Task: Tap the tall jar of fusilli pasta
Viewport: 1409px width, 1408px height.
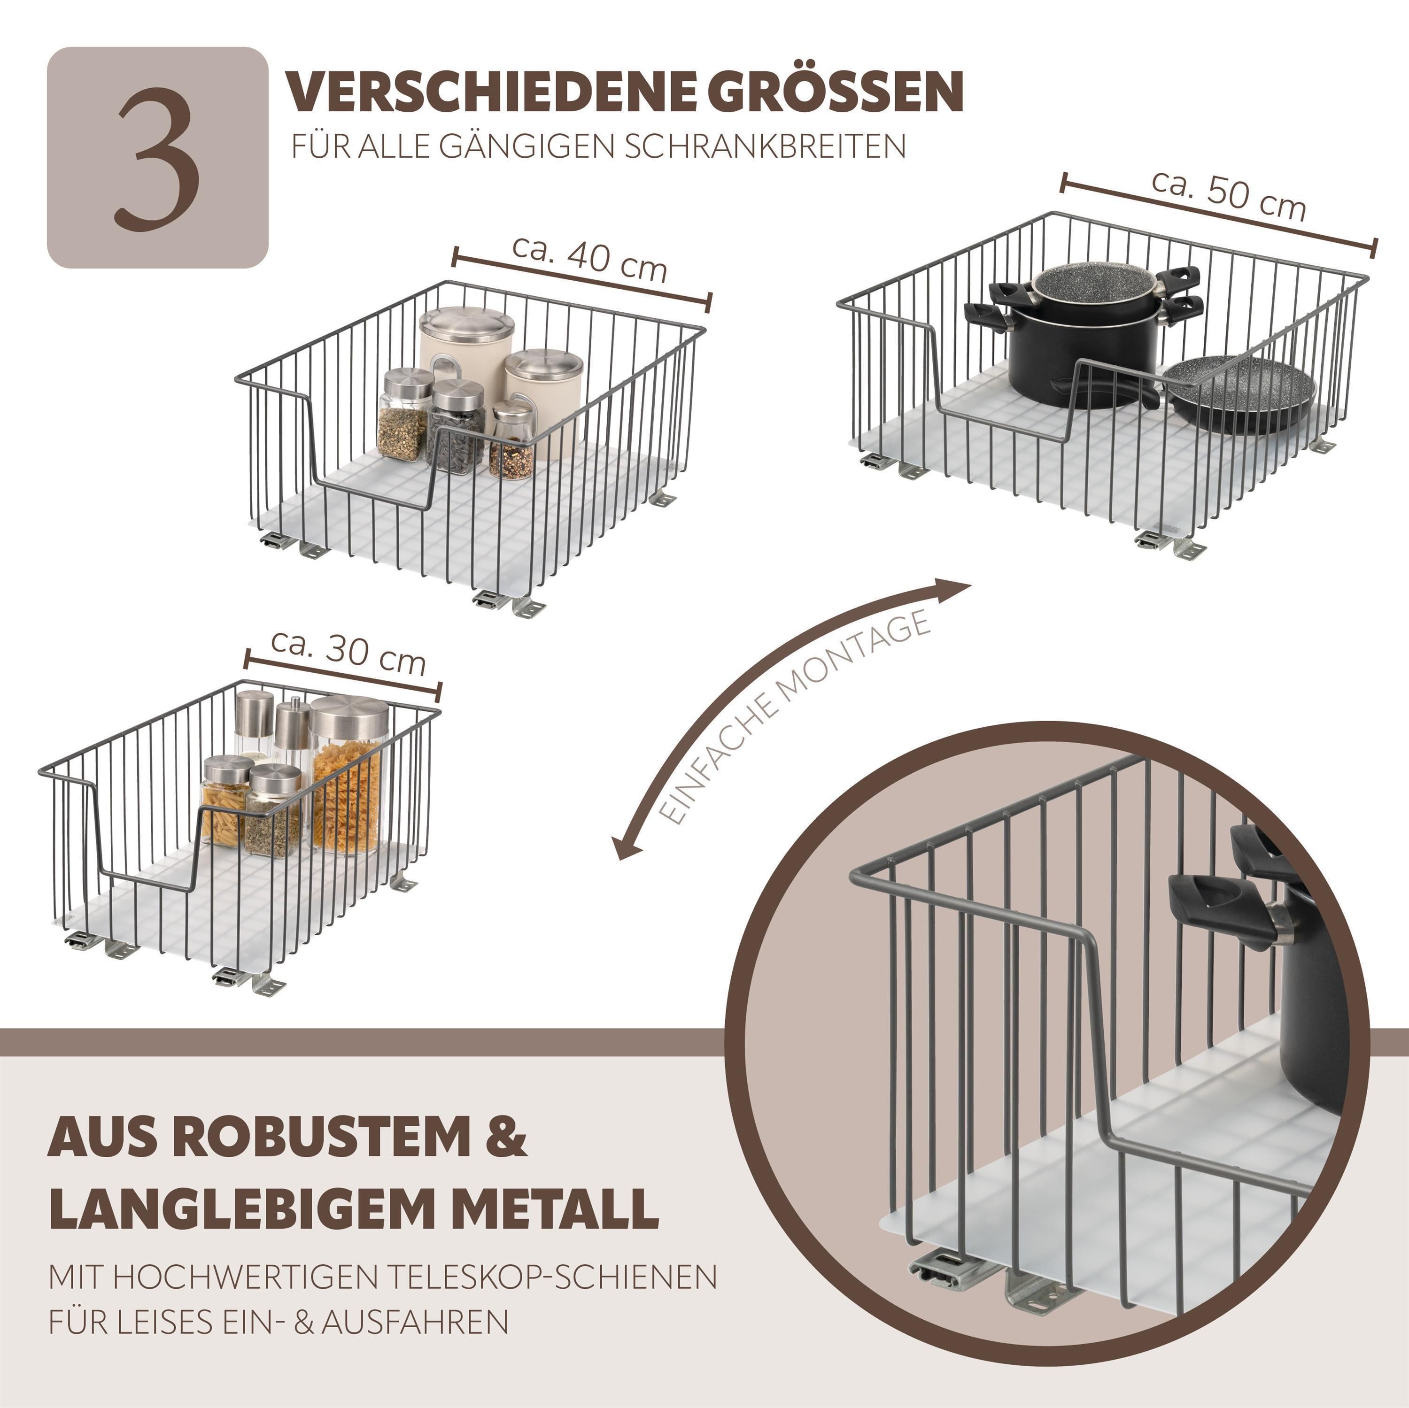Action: click(347, 775)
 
